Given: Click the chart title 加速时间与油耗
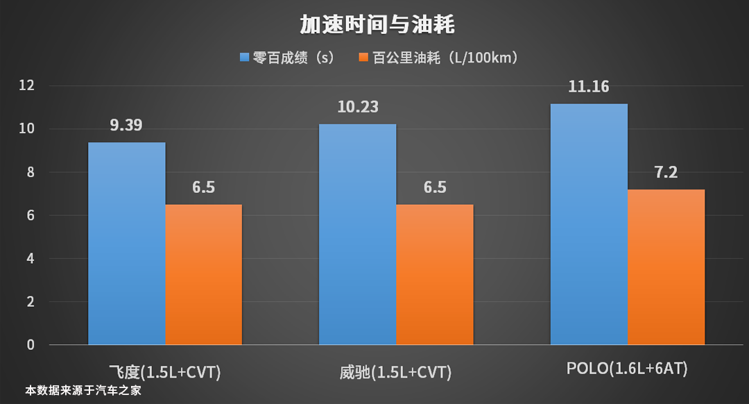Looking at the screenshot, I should tap(377, 25).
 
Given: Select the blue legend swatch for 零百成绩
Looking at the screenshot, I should tap(244, 58).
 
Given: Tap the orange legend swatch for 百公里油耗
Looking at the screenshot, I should tap(363, 58).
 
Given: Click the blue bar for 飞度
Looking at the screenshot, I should tap(126, 243).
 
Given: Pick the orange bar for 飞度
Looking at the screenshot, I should tap(204, 274).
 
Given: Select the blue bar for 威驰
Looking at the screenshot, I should tap(357, 234).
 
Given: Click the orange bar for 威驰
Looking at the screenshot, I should tap(435, 274).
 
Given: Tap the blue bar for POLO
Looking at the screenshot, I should tap(589, 224).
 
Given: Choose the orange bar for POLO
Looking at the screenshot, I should tap(666, 267).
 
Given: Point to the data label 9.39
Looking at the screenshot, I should tap(126, 126).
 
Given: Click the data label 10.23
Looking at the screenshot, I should tap(357, 108).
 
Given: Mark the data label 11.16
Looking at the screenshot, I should tap(589, 87).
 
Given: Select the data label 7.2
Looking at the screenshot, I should tap(666, 173).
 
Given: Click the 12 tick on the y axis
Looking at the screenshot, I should tap(27, 85).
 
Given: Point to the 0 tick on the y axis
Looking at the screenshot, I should tap(31, 344).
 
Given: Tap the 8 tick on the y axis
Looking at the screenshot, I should tap(31, 172).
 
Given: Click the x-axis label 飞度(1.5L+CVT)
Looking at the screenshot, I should tap(165, 371).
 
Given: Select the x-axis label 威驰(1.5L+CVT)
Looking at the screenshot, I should tap(396, 372).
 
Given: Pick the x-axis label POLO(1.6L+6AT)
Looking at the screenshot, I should tap(627, 369).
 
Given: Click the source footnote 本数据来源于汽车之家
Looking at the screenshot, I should tap(83, 391).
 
